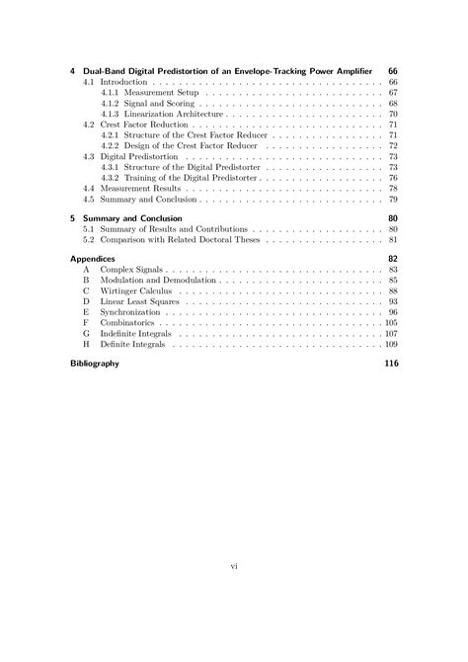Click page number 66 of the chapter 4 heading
(392, 70)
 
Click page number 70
(393, 115)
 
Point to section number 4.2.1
(111, 135)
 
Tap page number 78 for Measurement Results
(393, 188)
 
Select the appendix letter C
(86, 290)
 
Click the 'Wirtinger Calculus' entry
(140, 290)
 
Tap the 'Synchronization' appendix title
(132, 312)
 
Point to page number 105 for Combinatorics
(391, 323)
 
